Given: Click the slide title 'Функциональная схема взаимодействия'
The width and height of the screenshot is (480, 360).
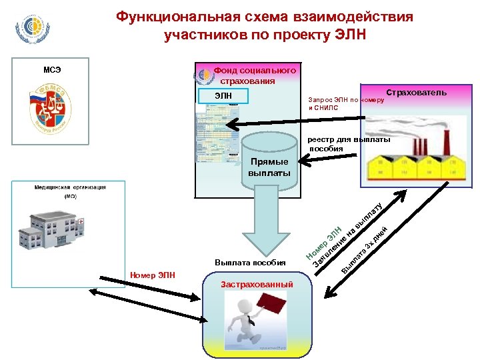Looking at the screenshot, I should (x=265, y=16).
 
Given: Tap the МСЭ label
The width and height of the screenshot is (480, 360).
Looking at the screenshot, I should (x=53, y=68).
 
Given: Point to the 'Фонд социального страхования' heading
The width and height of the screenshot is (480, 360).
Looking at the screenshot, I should (x=254, y=75).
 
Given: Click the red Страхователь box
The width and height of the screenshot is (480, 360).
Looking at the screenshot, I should (x=416, y=93).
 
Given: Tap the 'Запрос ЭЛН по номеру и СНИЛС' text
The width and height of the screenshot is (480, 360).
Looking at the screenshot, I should (x=345, y=103).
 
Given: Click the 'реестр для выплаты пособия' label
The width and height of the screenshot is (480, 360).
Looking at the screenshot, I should (x=349, y=145).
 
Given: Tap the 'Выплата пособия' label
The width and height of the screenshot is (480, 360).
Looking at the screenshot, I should (x=250, y=262).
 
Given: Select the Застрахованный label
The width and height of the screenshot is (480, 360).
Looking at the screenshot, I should (x=256, y=285).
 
